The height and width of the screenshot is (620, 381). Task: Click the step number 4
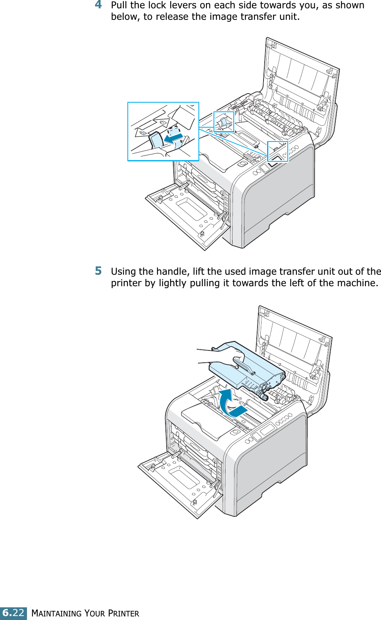point(98,5)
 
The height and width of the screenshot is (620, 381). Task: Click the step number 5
point(98,271)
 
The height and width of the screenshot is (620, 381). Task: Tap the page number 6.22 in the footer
point(13,613)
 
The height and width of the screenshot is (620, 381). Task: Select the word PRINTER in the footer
point(123,613)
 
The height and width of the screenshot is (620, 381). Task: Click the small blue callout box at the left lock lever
point(223,122)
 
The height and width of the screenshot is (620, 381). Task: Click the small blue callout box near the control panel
point(277,151)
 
